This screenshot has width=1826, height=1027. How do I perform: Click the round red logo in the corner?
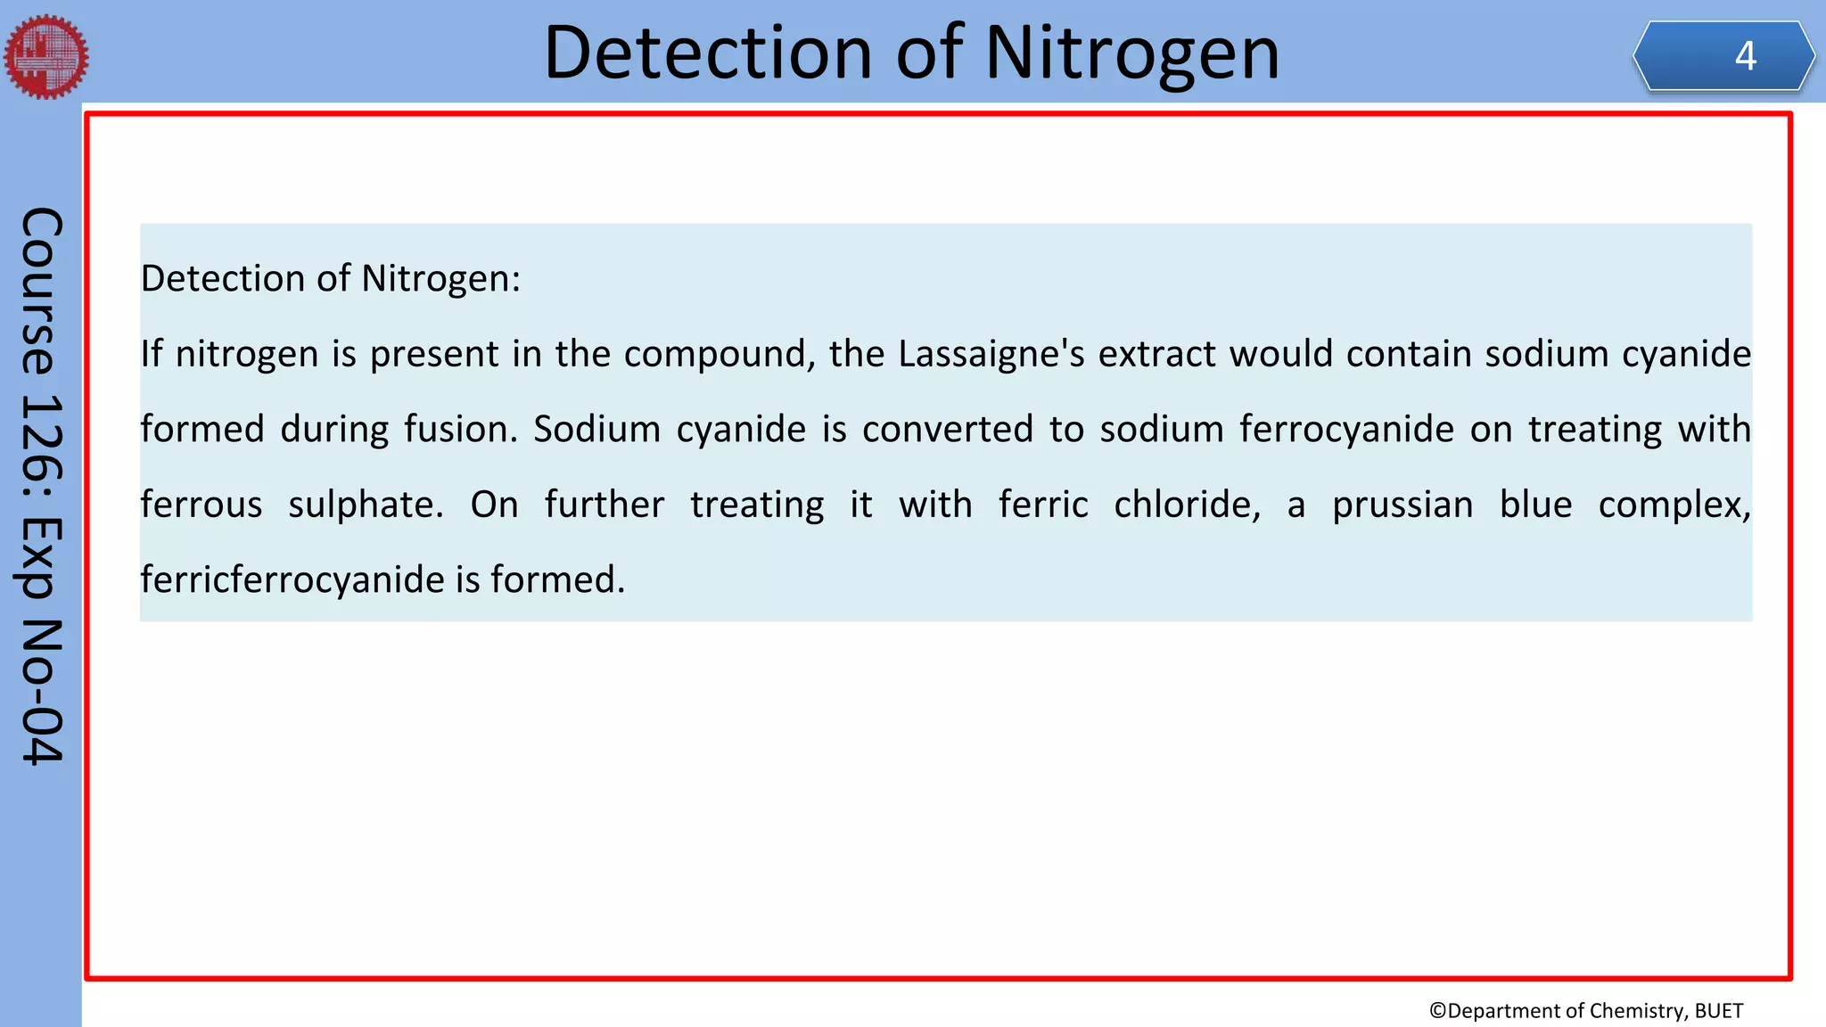pyautogui.click(x=46, y=56)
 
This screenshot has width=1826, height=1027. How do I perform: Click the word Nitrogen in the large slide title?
pyautogui.click(x=1131, y=53)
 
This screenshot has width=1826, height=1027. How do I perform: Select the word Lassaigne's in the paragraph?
pyautogui.click(x=991, y=354)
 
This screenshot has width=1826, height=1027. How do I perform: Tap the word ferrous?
pyautogui.click(x=202, y=505)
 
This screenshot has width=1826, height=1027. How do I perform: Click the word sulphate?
pyautogui.click(x=366, y=505)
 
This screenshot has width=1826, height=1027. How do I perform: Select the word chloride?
pyautogui.click(x=1187, y=505)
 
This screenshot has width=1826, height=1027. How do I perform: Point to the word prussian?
pyautogui.click(x=1402, y=505)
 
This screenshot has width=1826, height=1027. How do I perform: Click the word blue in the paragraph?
pyautogui.click(x=1535, y=505)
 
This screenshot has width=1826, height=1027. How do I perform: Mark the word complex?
pyautogui.click(x=1674, y=505)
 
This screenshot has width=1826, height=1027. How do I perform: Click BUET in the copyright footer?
pyautogui.click(x=1718, y=1010)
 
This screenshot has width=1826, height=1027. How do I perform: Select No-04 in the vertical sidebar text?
pyautogui.click(x=42, y=691)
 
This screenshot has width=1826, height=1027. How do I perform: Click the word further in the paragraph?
pyautogui.click(x=605, y=505)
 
